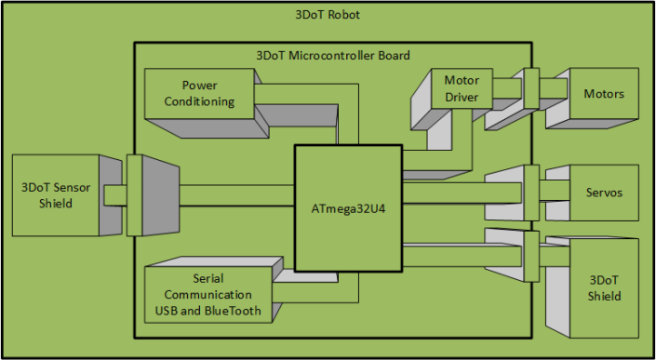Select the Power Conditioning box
[199, 93]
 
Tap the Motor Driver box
[462, 87]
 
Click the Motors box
[603, 94]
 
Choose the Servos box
[603, 193]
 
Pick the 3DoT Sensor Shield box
[56, 194]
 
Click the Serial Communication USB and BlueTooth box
[208, 294]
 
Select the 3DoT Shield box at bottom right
[603, 287]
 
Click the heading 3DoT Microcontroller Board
[332, 56]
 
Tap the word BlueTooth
[234, 311]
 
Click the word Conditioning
[199, 101]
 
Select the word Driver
[462, 96]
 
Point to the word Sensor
[70, 187]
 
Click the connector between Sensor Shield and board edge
[134, 194]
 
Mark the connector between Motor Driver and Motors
[531, 89]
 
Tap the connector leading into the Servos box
[531, 193]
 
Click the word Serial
[208, 278]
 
